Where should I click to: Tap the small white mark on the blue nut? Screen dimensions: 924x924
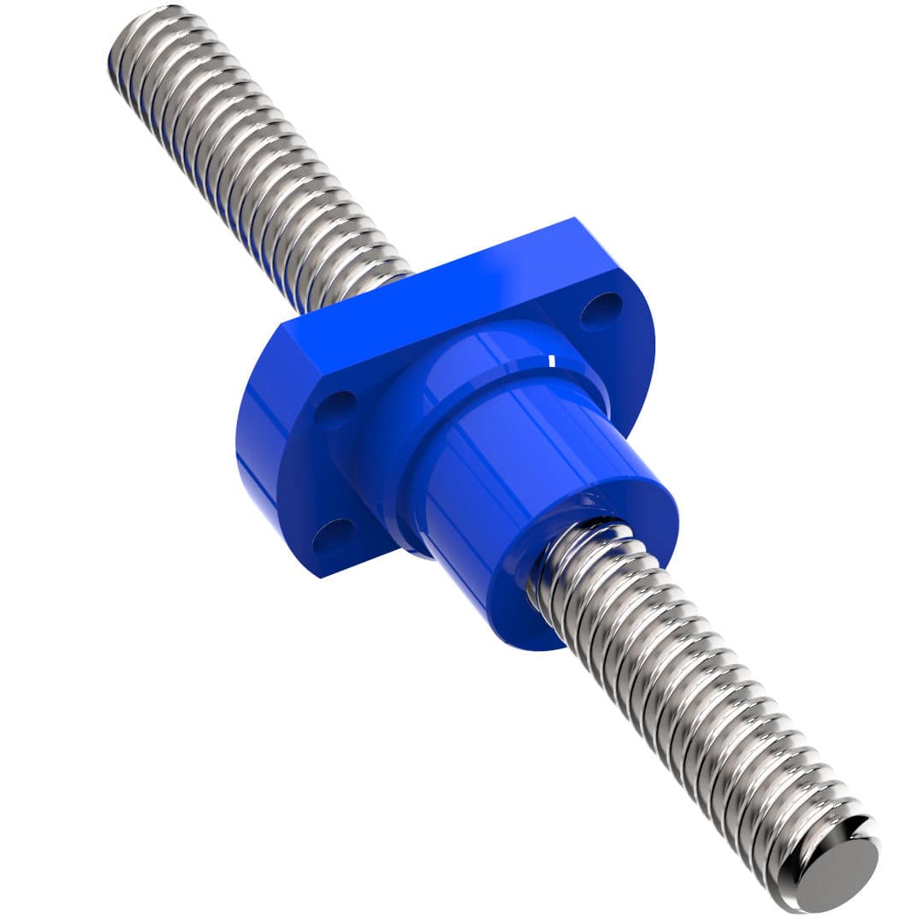pyautogui.click(x=552, y=361)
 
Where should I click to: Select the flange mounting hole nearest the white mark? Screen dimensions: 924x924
pyautogui.click(x=601, y=311)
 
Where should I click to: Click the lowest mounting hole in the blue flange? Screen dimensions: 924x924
pyautogui.click(x=333, y=536)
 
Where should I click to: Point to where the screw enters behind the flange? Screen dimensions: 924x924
pyautogui.click(x=389, y=278)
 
